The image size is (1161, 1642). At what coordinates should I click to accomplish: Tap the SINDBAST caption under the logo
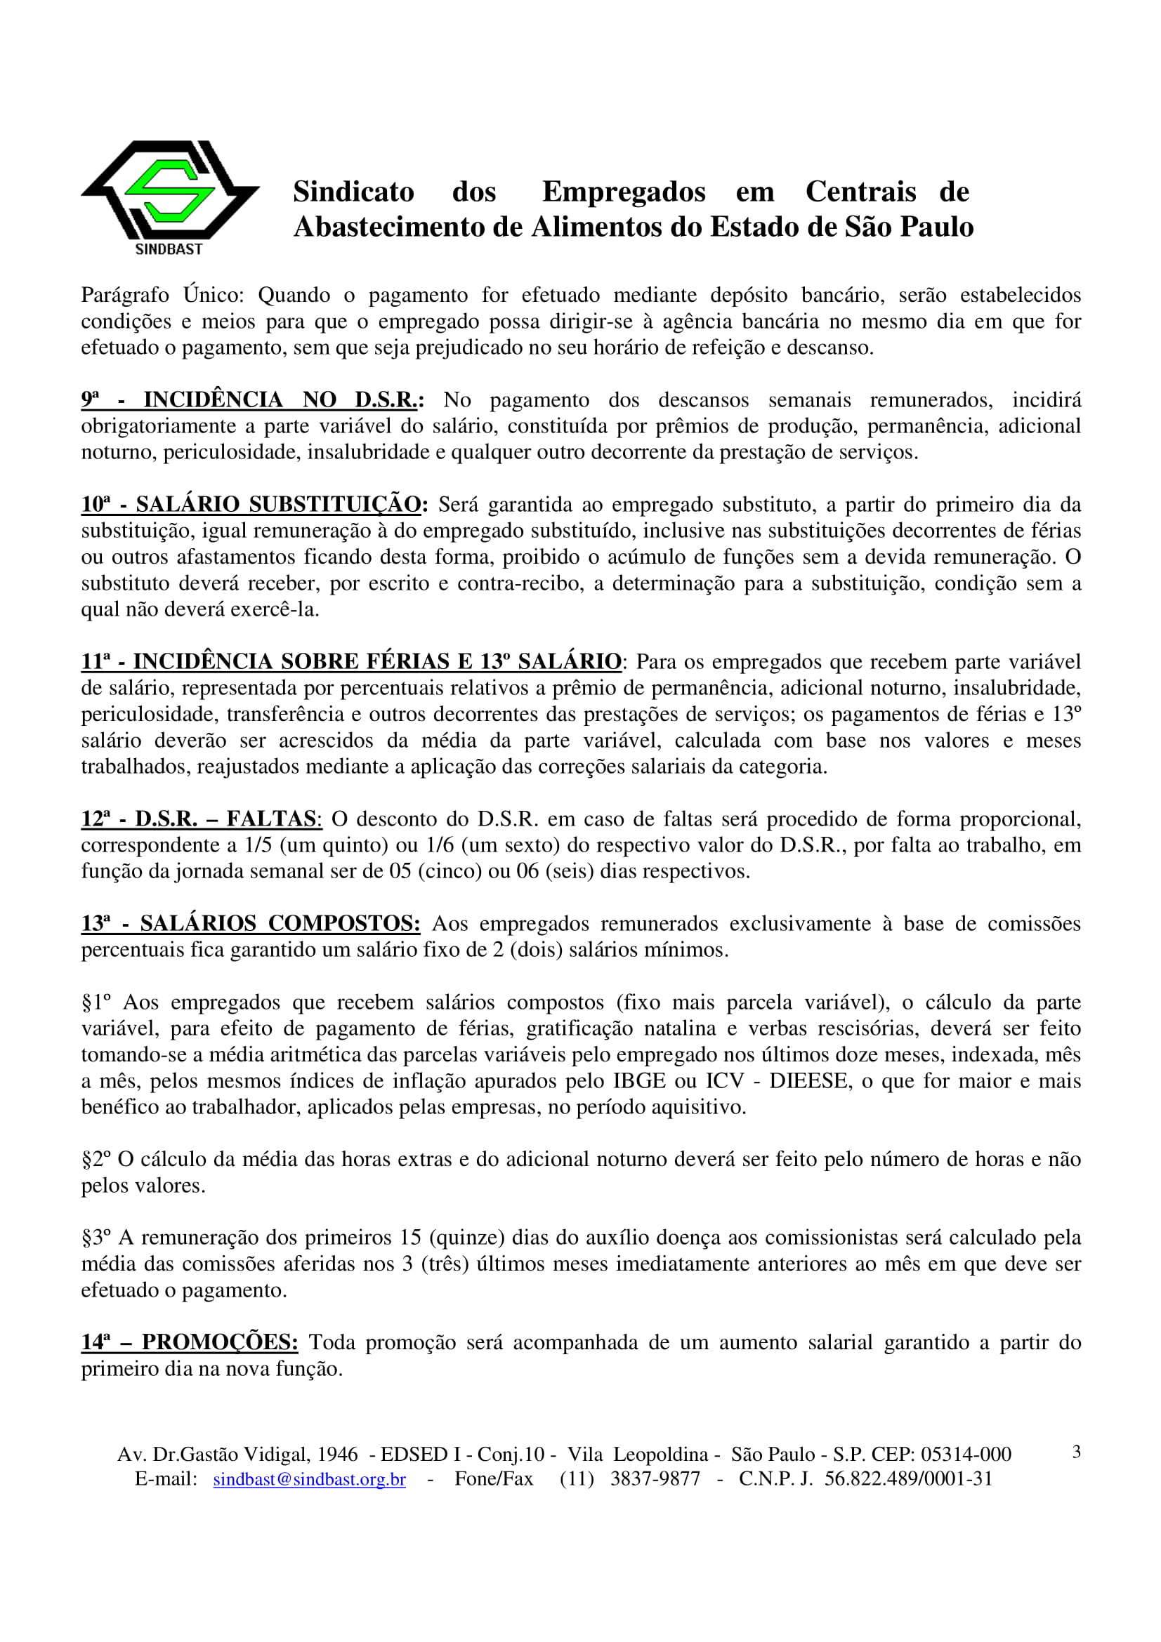[169, 249]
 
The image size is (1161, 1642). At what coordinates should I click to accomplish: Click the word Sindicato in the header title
[353, 192]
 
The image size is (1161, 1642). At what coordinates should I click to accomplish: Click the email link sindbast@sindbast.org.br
[309, 1479]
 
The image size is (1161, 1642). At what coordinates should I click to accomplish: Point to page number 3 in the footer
[1076, 1452]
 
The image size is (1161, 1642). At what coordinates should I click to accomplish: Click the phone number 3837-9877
[655, 1479]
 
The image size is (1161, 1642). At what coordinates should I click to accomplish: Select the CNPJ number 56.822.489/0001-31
[908, 1479]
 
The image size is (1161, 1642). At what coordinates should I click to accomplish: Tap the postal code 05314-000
[966, 1455]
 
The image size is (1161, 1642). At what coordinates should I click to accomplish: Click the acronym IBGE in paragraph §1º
[639, 1080]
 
